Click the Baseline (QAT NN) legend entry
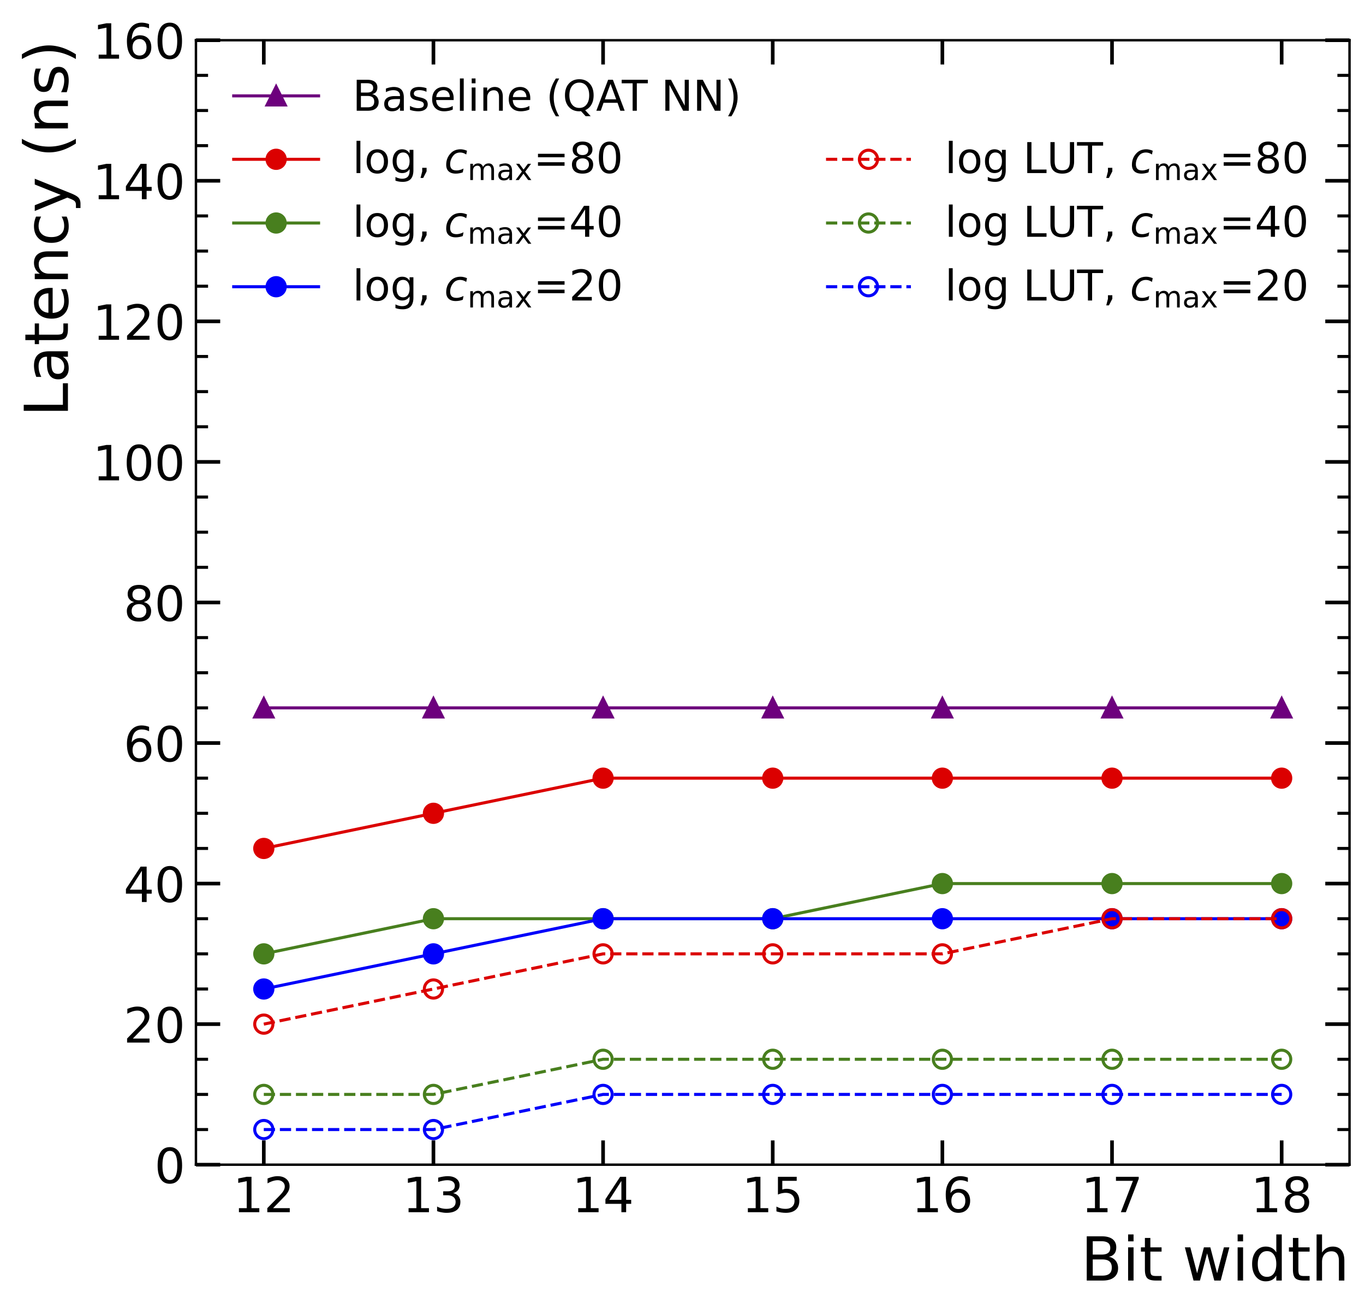tap(546, 96)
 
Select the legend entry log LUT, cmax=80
tap(1125, 159)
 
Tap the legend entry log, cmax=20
tap(487, 287)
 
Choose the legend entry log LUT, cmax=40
tap(1125, 223)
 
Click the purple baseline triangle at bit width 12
tap(264, 708)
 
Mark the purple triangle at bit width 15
tap(772, 708)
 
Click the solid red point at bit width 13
tap(434, 813)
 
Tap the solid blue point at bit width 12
tap(264, 989)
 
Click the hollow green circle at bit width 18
tap(1281, 1059)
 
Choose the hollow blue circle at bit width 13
tap(434, 1129)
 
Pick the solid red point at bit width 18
tap(1281, 778)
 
